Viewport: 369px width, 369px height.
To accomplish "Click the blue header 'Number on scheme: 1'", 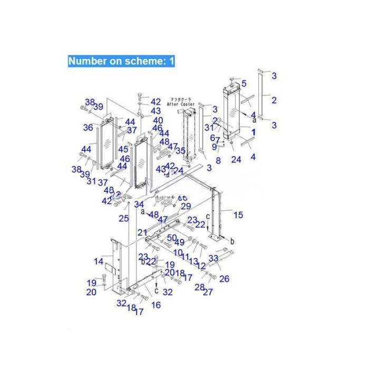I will tap(121, 60).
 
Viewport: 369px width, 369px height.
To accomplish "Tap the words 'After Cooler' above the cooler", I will tap(181, 104).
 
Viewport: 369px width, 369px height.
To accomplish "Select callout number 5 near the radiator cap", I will tap(244, 83).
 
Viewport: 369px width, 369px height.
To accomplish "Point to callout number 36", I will tap(88, 127).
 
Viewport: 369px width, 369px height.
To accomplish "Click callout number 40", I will tap(158, 120).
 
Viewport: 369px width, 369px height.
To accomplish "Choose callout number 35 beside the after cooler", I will tap(180, 150).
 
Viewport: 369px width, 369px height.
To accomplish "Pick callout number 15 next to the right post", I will tap(238, 215).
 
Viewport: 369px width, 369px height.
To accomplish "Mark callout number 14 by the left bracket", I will tap(99, 261).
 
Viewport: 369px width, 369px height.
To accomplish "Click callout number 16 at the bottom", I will tap(156, 305).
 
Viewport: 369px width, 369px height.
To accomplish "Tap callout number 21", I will tap(142, 232).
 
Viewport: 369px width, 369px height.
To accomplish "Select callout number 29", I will tap(186, 206).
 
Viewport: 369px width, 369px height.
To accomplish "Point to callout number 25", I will tap(123, 218).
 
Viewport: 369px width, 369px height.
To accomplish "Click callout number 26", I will tap(224, 278).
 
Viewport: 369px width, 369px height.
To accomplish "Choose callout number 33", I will tap(213, 258).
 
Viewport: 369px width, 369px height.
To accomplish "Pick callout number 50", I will tap(171, 238).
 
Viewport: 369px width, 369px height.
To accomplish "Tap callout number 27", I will tap(208, 292).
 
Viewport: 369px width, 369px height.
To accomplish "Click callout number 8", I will tap(218, 160).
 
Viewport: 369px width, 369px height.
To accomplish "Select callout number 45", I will tap(123, 150).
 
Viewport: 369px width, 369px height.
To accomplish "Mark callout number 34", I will tap(139, 204).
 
